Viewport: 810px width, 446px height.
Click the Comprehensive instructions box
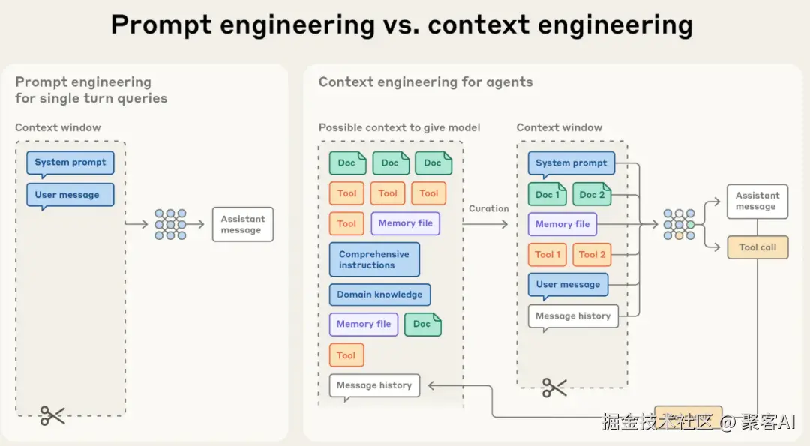click(374, 259)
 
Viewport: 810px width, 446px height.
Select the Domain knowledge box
click(379, 295)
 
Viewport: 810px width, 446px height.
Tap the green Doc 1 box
click(547, 194)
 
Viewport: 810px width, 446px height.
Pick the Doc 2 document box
click(592, 194)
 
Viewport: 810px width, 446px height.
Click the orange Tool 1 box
click(547, 254)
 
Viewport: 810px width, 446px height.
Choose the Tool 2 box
click(592, 254)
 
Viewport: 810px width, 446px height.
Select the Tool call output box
click(757, 247)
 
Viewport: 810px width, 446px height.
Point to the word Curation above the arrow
click(489, 208)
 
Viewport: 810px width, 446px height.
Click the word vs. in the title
click(401, 25)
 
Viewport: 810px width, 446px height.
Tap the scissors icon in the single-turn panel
click(52, 415)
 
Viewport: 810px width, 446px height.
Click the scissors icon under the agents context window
click(554, 387)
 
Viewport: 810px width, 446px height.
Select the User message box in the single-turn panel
click(70, 195)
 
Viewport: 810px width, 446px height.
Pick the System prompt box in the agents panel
click(571, 163)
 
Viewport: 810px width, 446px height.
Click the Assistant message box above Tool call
click(757, 201)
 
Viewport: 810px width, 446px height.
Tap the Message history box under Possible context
click(374, 385)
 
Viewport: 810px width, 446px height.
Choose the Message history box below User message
click(573, 316)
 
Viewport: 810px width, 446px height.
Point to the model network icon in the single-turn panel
click(170, 224)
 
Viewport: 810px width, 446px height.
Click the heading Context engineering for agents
click(425, 82)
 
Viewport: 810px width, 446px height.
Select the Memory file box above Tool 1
click(562, 224)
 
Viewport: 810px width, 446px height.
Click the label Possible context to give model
click(399, 127)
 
